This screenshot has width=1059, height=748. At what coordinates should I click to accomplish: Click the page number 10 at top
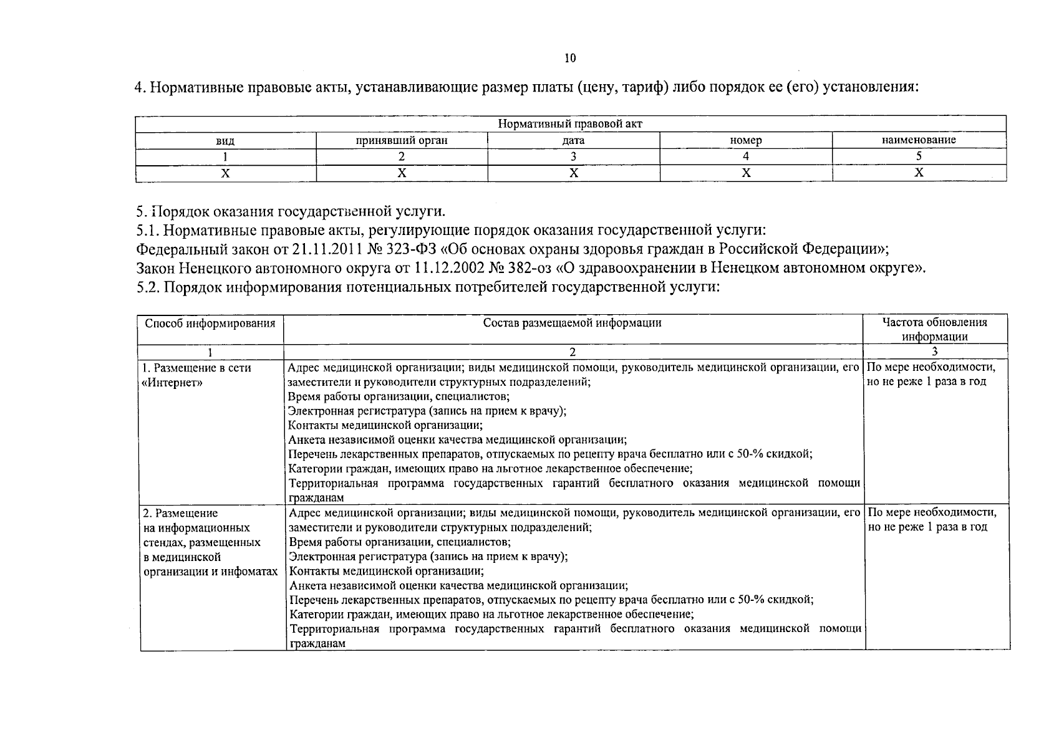[570, 59]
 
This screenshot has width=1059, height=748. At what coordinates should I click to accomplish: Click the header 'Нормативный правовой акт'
[570, 123]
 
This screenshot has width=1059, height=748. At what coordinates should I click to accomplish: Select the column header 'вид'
[225, 141]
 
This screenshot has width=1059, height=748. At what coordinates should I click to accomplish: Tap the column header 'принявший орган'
[402, 140]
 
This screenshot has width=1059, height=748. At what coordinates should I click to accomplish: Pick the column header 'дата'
[573, 140]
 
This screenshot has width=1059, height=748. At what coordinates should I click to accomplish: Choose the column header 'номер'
[746, 140]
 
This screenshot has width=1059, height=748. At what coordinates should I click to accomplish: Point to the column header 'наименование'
[919, 140]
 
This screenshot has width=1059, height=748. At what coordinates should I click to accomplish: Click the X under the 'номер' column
[746, 173]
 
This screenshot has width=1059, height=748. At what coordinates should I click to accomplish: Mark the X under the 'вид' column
[225, 173]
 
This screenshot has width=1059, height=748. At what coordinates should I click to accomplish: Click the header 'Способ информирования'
[210, 324]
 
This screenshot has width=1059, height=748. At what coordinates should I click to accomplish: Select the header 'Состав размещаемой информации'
[573, 323]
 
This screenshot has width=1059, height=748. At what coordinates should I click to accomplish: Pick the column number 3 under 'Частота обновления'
[934, 352]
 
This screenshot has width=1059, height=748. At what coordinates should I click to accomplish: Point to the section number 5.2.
[148, 287]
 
